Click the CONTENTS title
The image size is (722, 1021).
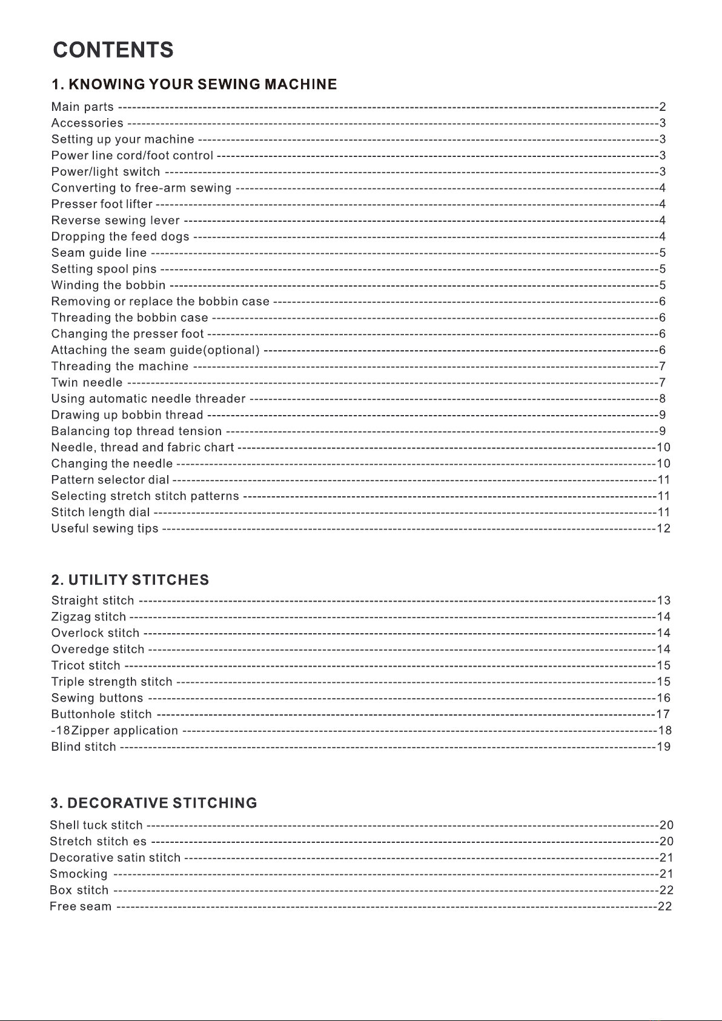pyautogui.click(x=113, y=50)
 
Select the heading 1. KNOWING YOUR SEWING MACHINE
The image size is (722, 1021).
pyautogui.click(x=194, y=84)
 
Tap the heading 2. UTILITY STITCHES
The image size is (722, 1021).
pyautogui.click(x=130, y=580)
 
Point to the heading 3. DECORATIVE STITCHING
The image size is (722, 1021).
pyautogui.click(x=154, y=803)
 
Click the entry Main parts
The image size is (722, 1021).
pyautogui.click(x=82, y=107)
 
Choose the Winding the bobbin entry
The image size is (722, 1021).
pyautogui.click(x=108, y=285)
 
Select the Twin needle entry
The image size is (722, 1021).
pyautogui.click(x=87, y=382)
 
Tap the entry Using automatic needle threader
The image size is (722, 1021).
pyautogui.click(x=148, y=399)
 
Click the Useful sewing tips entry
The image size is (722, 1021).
pyautogui.click(x=105, y=528)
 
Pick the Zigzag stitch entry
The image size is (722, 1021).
pyautogui.click(x=88, y=617)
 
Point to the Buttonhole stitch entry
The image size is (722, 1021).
pyautogui.click(x=101, y=714)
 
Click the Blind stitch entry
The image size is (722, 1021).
pyautogui.click(x=84, y=747)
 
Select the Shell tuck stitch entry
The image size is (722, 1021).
pyautogui.click(x=96, y=825)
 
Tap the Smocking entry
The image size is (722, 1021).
pyautogui.click(x=79, y=874)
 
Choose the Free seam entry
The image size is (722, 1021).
pyautogui.click(x=81, y=906)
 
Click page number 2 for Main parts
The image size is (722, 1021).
pyautogui.click(x=663, y=107)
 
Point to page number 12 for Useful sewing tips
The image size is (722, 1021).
pyautogui.click(x=664, y=528)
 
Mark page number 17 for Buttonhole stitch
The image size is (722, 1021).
pyautogui.click(x=664, y=714)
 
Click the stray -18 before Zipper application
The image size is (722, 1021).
pyautogui.click(x=61, y=731)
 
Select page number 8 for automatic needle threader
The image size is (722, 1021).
pyautogui.click(x=663, y=399)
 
